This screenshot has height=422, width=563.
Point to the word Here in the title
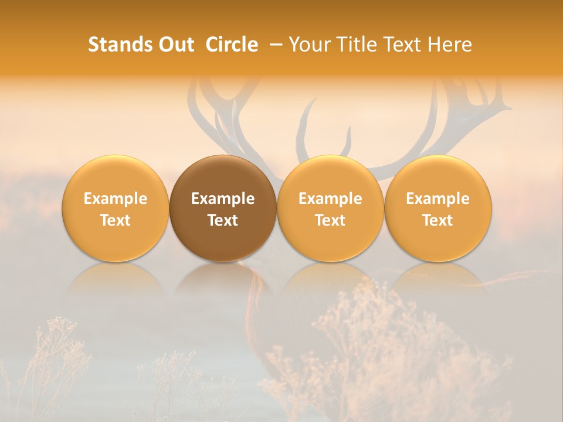450,45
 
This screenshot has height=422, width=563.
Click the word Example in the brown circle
223,199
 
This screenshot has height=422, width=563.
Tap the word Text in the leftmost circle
115,220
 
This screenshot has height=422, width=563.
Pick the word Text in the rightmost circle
437,220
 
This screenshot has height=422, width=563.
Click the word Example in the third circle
330,199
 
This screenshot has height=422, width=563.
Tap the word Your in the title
309,45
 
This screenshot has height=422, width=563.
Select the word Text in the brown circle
223,220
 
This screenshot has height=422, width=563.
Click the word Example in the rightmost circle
437,199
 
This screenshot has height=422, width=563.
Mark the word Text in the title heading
403,45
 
